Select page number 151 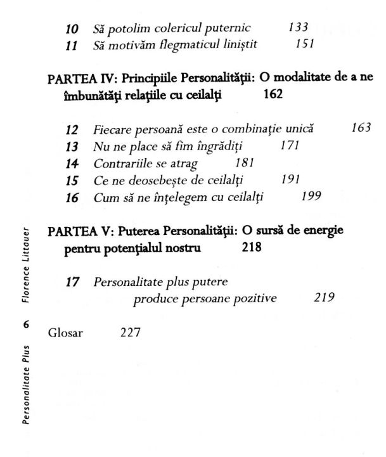(305, 45)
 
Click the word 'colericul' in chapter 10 (178, 28)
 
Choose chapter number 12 (73, 129)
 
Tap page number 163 (360, 128)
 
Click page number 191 (289, 180)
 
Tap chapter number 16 (73, 197)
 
